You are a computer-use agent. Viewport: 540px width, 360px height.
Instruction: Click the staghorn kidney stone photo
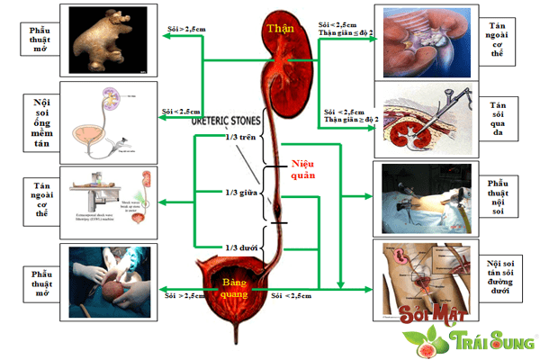[108, 40]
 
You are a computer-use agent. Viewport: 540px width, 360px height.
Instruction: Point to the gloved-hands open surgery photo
[108, 281]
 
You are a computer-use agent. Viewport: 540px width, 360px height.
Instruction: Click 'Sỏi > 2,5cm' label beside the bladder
[183, 293]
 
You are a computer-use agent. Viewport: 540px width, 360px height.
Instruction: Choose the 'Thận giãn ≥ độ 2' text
[349, 119]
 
